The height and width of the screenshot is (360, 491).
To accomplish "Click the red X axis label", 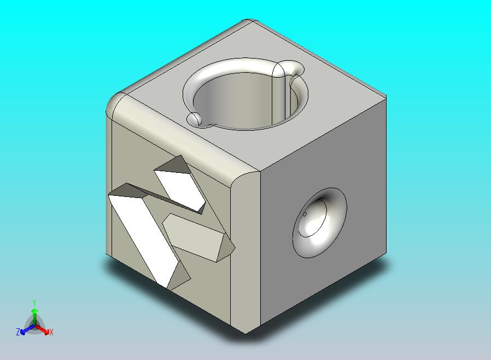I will pyautogui.click(x=51, y=332).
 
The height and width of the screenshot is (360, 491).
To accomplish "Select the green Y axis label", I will pyautogui.click(x=34, y=303).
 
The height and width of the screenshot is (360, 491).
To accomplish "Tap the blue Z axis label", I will pyautogui.click(x=18, y=332).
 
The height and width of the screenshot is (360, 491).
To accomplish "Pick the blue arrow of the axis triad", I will pyautogui.click(x=25, y=329).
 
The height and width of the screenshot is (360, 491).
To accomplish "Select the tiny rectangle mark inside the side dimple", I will pyautogui.click(x=305, y=214).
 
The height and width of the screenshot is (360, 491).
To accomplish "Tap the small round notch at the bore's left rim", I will pyautogui.click(x=194, y=119).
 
